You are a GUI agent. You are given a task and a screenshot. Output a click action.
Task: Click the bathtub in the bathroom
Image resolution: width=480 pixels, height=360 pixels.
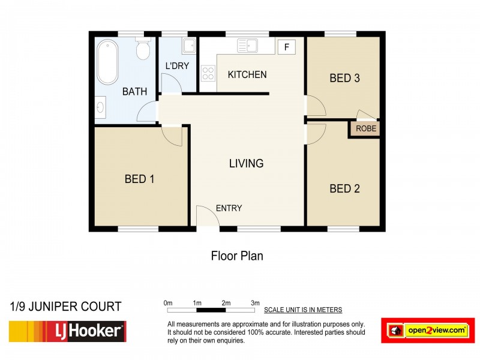tap(109, 62)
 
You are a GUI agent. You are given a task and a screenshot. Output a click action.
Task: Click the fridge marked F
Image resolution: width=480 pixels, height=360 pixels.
tap(286, 47)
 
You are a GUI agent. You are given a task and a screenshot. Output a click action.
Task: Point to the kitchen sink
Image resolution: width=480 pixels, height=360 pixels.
tap(247, 46)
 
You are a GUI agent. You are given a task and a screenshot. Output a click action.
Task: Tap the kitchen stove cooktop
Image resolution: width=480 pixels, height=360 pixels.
tap(208, 74)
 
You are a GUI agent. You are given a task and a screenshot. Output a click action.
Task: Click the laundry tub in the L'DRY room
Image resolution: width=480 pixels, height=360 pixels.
tap(188, 46)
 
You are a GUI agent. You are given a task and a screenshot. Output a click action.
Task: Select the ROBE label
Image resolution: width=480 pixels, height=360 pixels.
tap(365, 128)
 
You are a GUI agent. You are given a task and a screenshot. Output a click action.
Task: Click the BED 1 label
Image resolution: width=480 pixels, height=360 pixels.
tap(140, 179)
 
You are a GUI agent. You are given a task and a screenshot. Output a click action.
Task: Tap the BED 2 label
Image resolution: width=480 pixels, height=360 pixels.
tap(345, 189)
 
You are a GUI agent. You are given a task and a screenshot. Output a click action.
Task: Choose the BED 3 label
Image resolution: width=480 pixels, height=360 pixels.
tap(345, 78)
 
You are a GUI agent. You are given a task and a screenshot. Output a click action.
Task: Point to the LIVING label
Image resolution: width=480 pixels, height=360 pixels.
tap(246, 163)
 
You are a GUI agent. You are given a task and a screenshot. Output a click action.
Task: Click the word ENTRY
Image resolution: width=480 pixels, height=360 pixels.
tap(229, 208)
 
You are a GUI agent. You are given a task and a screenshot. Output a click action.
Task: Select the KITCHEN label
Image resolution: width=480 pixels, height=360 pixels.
tap(247, 75)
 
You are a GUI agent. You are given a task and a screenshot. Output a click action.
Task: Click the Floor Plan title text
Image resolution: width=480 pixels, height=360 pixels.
tap(237, 256)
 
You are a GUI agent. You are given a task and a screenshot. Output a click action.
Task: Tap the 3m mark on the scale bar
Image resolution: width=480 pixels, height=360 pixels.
tap(255, 303)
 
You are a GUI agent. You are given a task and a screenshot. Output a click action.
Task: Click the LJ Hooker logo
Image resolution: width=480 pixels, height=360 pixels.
tap(67, 331)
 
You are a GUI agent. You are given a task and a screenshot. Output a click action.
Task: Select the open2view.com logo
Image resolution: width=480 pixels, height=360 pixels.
tap(428, 331)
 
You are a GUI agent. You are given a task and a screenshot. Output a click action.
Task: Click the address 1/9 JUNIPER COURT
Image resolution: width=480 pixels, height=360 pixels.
tap(66, 307)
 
